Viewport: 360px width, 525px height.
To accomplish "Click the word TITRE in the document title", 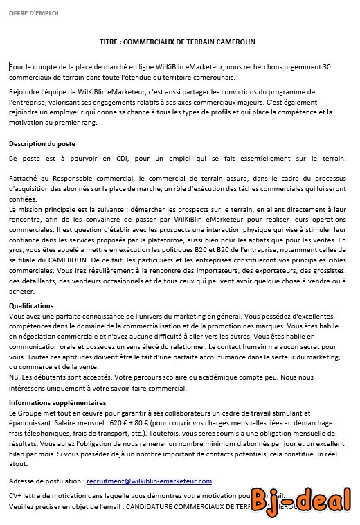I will click(110, 42).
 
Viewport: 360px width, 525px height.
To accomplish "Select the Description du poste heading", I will click(42, 144).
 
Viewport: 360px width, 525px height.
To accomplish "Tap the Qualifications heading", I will click(31, 305).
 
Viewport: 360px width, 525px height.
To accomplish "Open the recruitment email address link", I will click(149, 481).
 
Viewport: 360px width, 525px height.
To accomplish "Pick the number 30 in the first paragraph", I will click(327, 66).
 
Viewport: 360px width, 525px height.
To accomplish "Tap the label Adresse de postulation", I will click(44, 481).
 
